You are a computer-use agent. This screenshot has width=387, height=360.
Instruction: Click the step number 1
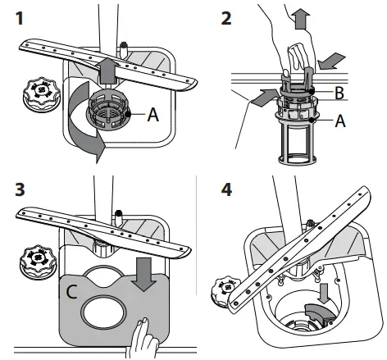pos(20,19)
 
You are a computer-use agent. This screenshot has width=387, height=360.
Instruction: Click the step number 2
pos(226,19)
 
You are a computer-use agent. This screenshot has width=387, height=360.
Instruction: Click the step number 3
pos(20,189)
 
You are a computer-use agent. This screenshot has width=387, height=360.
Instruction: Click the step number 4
pos(226,189)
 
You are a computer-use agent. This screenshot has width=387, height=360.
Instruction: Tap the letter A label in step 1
pos(153,115)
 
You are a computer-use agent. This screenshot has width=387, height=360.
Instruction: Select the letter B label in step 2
pos(339,93)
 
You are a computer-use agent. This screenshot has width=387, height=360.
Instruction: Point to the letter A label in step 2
pos(340,121)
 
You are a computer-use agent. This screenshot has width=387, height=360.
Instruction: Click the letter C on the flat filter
pos(71,292)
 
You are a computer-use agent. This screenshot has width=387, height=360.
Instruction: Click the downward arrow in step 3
pos(143,274)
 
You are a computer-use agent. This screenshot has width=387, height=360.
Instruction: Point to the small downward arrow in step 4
pos(325,293)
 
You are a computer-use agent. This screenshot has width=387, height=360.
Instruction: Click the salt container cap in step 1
pos(41,94)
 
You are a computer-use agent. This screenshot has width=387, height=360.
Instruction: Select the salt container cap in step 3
pos(39,262)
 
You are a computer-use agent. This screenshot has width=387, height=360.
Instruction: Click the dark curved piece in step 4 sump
pos(320,315)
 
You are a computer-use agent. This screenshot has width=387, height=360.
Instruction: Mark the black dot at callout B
pos(312,91)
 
